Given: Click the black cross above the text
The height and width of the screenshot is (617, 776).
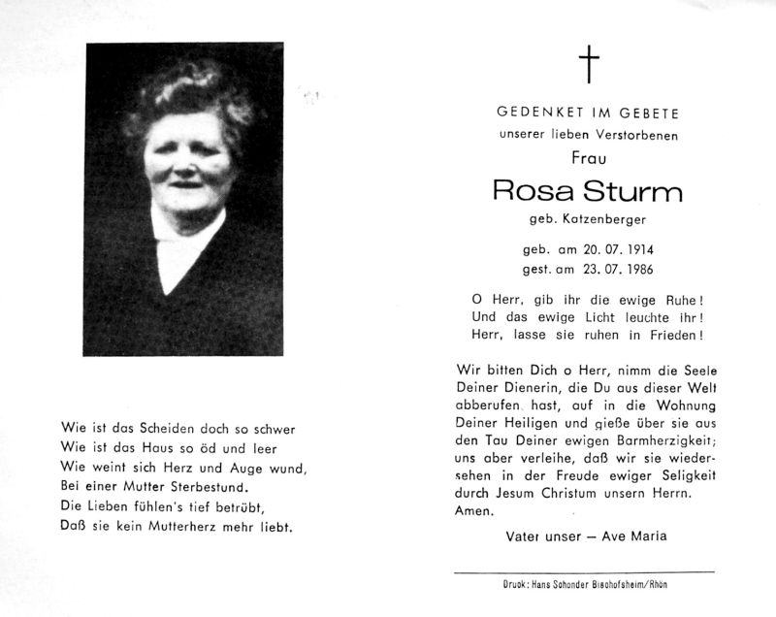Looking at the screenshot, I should click(589, 65).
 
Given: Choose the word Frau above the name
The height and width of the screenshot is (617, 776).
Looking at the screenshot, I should click(589, 156).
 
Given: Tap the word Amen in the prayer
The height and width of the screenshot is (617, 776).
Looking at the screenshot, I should click(473, 511).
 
